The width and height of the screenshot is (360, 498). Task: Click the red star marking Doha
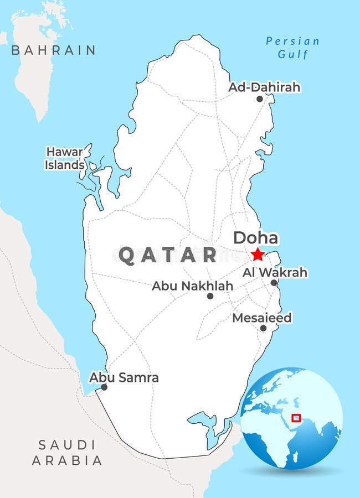click(x=258, y=254)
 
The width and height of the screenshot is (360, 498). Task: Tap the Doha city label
click(x=255, y=238)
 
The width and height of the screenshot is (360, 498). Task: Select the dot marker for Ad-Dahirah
click(x=259, y=99)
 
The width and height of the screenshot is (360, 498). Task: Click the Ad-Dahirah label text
click(x=264, y=87)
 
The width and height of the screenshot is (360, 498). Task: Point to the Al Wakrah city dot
click(x=274, y=283)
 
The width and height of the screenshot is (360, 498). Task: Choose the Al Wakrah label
click(x=275, y=272)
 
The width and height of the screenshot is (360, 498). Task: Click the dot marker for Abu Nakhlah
click(x=210, y=296)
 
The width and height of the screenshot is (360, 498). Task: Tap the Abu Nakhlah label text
click(x=192, y=286)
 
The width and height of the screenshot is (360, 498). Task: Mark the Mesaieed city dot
click(x=263, y=328)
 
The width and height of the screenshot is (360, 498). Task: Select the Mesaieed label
click(x=261, y=318)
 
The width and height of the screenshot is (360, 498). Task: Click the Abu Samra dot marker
click(x=104, y=387)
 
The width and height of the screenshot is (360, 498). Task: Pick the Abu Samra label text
click(x=124, y=377)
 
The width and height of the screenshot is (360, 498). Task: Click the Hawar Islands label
click(x=65, y=158)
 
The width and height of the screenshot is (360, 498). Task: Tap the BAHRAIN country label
click(x=53, y=50)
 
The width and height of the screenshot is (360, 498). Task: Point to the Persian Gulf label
click(x=292, y=48)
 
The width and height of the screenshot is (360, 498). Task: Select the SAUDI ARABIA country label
click(x=67, y=452)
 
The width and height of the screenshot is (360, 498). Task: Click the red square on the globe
click(x=296, y=418)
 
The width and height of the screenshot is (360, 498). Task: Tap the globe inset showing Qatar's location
click(x=291, y=418)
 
